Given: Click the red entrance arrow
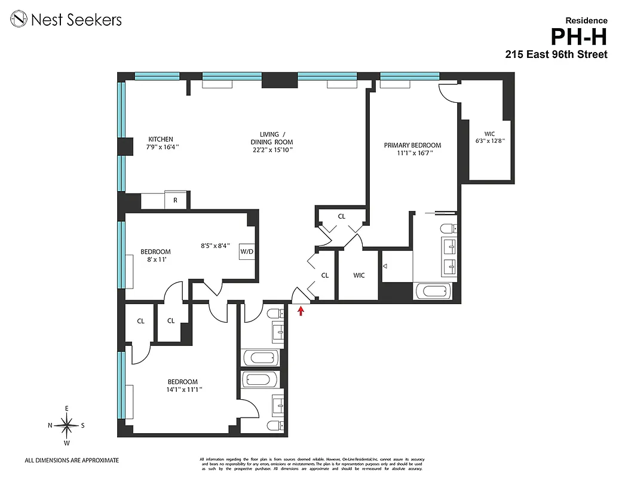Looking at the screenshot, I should [x=301, y=310].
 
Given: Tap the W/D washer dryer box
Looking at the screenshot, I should [x=247, y=252].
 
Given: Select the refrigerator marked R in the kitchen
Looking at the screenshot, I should [x=175, y=200].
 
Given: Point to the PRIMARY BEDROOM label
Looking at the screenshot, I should [x=412, y=145].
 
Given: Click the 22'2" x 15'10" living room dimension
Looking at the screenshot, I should [x=272, y=151].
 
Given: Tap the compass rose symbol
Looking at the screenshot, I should [x=67, y=425].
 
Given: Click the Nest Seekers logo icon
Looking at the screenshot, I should [x=20, y=20].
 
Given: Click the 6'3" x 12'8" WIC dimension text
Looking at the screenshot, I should [x=489, y=142].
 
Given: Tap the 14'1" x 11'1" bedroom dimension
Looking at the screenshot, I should [x=182, y=390].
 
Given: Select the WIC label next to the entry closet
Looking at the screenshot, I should [x=358, y=275].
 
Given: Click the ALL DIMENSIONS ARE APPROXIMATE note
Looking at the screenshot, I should [x=72, y=460].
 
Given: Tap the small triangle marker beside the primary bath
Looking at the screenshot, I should [x=385, y=265].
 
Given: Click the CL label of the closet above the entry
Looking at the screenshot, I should [x=341, y=216].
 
